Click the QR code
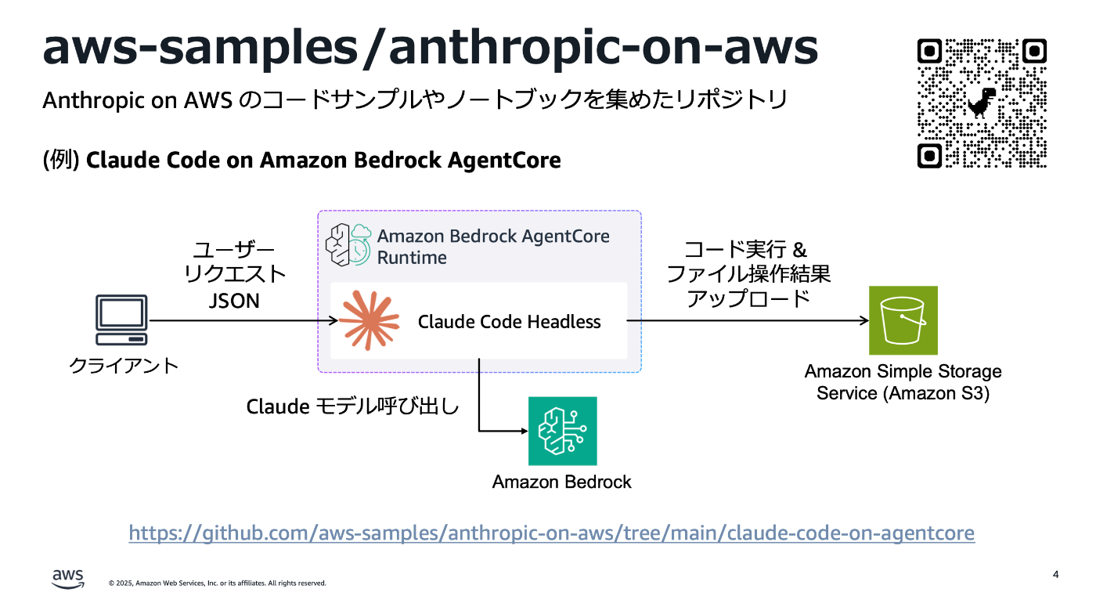click(982, 103)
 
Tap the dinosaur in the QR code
click(981, 103)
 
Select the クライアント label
click(124, 365)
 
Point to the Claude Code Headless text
click(509, 322)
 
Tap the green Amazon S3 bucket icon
click(903, 320)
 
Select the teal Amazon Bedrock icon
click(562, 431)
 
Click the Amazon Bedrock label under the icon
click(561, 482)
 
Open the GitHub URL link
click(551, 533)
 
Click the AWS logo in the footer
click(68, 578)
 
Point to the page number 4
click(1055, 575)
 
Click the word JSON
click(234, 300)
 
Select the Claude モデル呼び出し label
click(352, 407)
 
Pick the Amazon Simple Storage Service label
click(903, 382)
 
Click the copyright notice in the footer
click(217, 583)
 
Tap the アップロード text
click(748, 298)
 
